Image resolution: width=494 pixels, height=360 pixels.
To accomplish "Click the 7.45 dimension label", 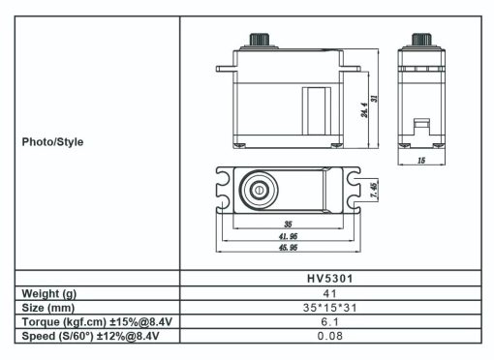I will click(x=373, y=189).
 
